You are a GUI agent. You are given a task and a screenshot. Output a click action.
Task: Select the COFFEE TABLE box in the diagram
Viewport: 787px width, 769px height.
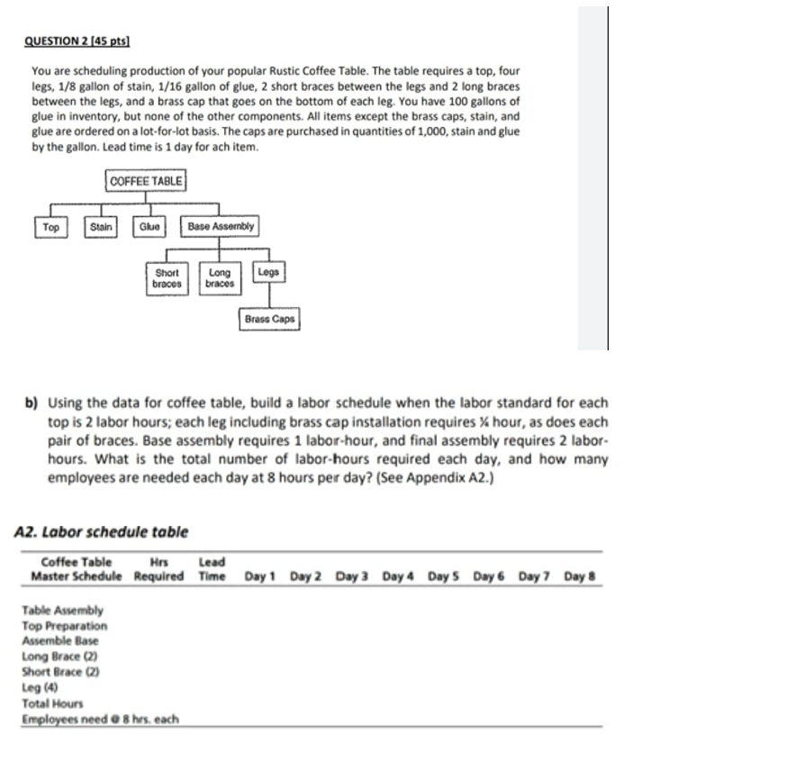(x=146, y=181)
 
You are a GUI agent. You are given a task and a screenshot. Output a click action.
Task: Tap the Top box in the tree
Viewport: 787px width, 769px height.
(x=50, y=228)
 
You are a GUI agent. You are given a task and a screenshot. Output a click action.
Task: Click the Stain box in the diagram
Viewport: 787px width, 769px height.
(x=102, y=228)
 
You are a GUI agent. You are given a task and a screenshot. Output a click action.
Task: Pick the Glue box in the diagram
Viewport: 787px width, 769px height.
(x=149, y=228)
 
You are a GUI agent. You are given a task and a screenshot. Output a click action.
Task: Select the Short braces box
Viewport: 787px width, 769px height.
(x=167, y=278)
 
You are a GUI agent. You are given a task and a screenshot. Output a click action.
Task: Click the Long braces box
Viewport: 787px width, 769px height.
(x=220, y=278)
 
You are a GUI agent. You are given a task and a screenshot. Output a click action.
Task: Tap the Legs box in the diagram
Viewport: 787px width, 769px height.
(x=268, y=272)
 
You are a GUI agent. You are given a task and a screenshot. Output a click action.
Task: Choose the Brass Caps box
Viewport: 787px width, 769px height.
(x=268, y=320)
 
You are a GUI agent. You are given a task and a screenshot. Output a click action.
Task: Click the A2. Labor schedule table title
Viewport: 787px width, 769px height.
(x=102, y=532)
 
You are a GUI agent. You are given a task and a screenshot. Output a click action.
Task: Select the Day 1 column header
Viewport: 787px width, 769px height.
(x=259, y=575)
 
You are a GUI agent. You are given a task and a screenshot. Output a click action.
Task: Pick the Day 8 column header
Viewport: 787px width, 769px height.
(x=581, y=575)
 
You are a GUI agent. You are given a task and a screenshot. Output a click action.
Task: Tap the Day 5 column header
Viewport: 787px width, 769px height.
(x=443, y=575)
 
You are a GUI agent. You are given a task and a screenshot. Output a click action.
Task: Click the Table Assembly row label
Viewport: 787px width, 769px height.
(x=62, y=611)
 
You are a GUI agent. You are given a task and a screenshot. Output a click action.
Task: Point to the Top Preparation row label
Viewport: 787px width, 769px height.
(x=64, y=626)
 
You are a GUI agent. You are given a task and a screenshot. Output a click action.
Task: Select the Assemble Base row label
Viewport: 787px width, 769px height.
(x=60, y=641)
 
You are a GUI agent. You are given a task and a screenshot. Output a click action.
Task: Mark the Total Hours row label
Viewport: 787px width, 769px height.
(x=52, y=702)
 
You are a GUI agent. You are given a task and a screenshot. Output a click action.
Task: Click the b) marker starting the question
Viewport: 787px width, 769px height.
(x=31, y=403)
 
